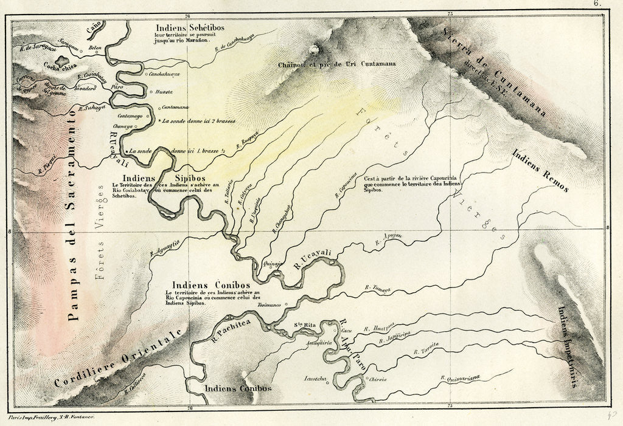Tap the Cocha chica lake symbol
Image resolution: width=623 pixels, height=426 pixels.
pyautogui.click(x=61, y=61)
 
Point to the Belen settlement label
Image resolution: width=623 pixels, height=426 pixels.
pyautogui.click(x=95, y=47)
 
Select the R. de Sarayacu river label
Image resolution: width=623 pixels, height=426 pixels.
pyautogui.click(x=37, y=46)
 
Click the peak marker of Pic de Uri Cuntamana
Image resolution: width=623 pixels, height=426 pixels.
pyautogui.click(x=315, y=49)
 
